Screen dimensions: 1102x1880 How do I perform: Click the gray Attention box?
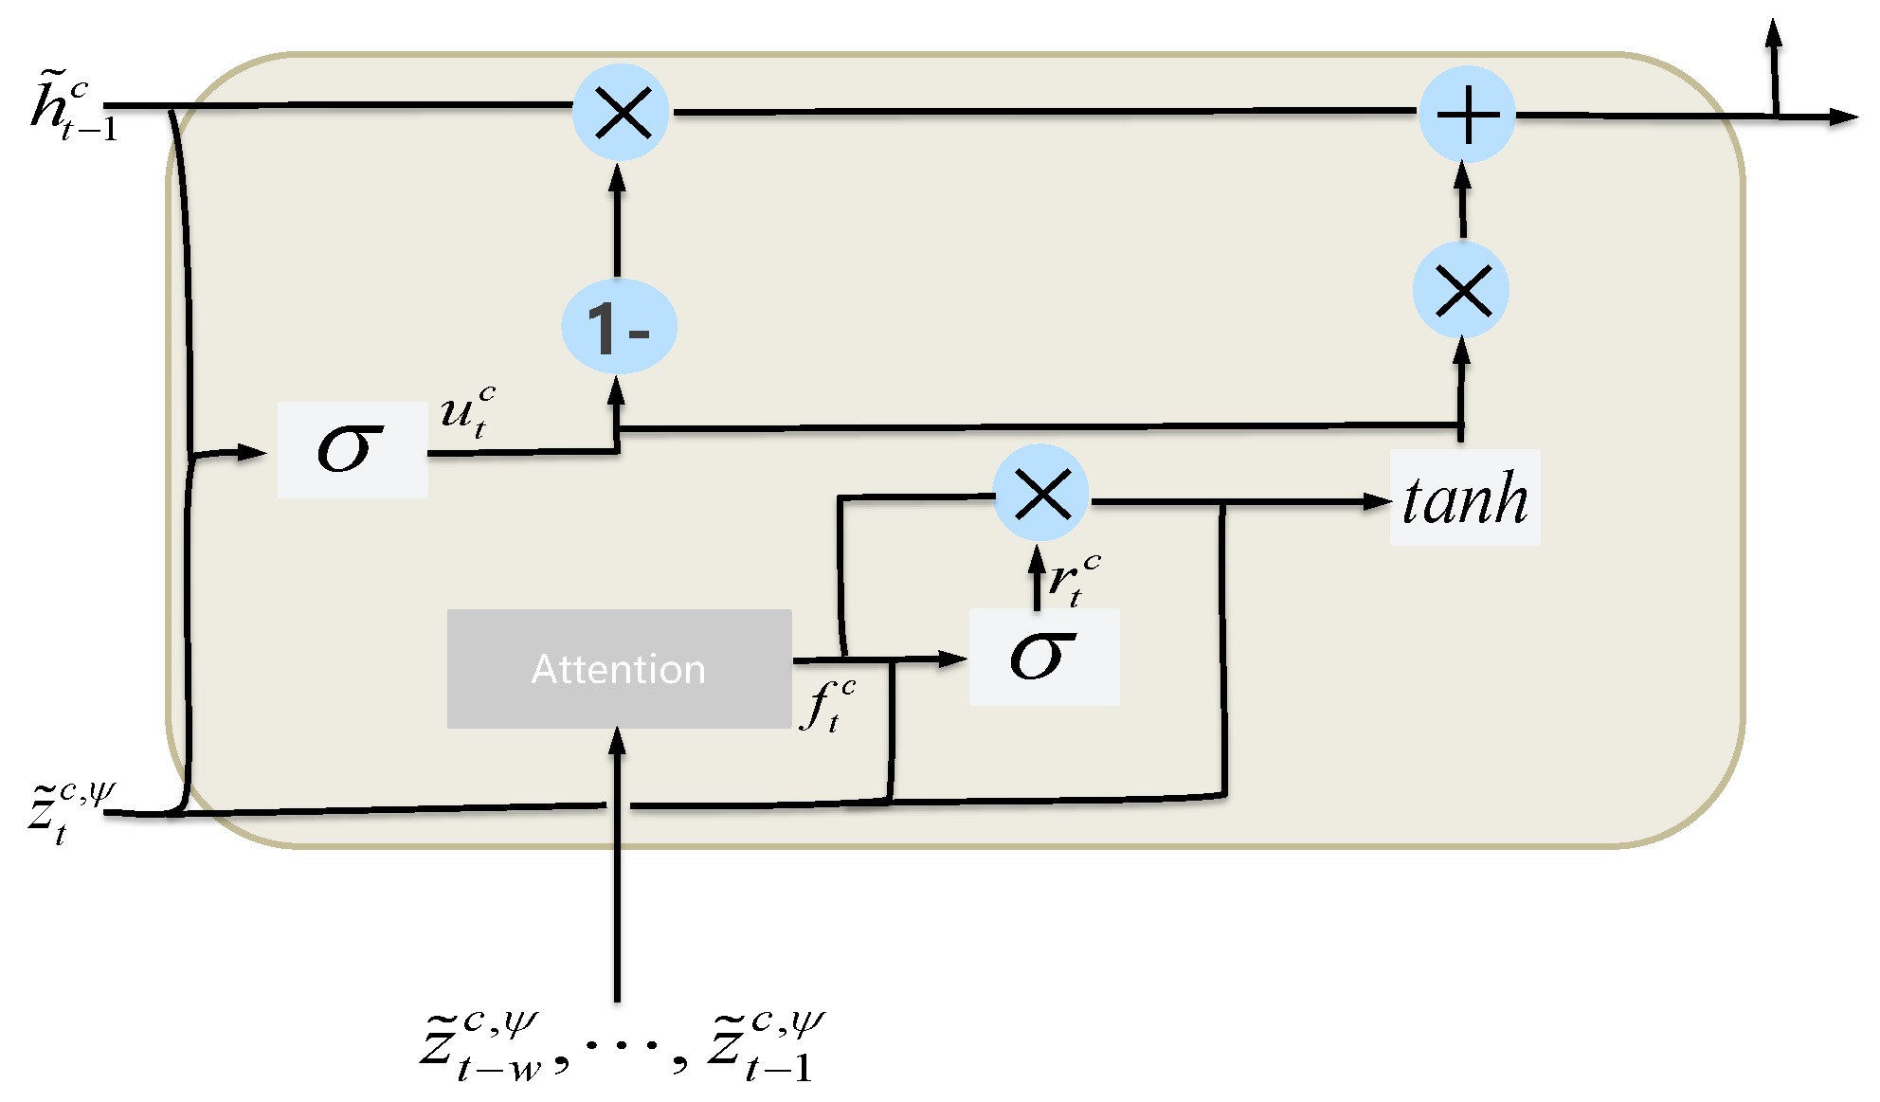619,669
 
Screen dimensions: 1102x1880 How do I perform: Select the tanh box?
1464,498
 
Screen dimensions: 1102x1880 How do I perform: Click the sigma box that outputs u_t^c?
352,449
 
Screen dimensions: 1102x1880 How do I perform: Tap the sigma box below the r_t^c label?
1043,657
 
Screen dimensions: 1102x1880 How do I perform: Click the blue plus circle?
1467,115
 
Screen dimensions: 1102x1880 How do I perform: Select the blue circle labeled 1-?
619,327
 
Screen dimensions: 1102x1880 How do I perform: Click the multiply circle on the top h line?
622,113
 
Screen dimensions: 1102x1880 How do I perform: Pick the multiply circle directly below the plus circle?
1461,290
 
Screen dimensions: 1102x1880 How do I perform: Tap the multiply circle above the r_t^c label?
1041,494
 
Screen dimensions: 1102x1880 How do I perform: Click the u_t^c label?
468,411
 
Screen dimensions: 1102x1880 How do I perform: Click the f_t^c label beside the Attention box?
827,705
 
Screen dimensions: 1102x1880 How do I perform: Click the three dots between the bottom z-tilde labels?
621,1045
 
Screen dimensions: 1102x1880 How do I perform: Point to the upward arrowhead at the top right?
1774,32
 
